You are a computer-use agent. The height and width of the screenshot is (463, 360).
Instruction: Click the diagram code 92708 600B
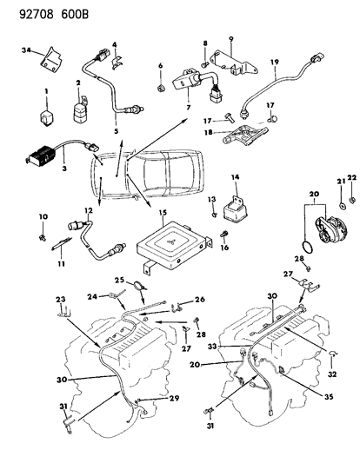click(54, 14)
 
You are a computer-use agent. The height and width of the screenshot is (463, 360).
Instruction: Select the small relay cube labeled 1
click(46, 117)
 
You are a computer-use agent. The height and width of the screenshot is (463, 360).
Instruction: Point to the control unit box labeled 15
click(174, 247)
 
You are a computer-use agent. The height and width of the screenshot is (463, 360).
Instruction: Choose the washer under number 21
click(342, 205)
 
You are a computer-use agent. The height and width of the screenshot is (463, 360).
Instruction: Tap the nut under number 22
click(352, 200)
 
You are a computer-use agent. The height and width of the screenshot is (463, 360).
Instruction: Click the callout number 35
click(329, 396)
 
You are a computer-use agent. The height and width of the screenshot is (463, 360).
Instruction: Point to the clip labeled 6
click(161, 88)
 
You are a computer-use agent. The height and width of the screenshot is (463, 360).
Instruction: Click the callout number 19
click(275, 62)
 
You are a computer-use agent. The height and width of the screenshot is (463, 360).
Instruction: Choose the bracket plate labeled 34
click(51, 62)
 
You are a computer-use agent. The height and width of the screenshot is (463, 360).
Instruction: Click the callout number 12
click(89, 210)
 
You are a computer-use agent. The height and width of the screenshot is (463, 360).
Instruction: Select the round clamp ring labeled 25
click(139, 286)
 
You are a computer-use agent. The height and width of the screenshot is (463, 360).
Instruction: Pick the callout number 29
click(175, 399)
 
